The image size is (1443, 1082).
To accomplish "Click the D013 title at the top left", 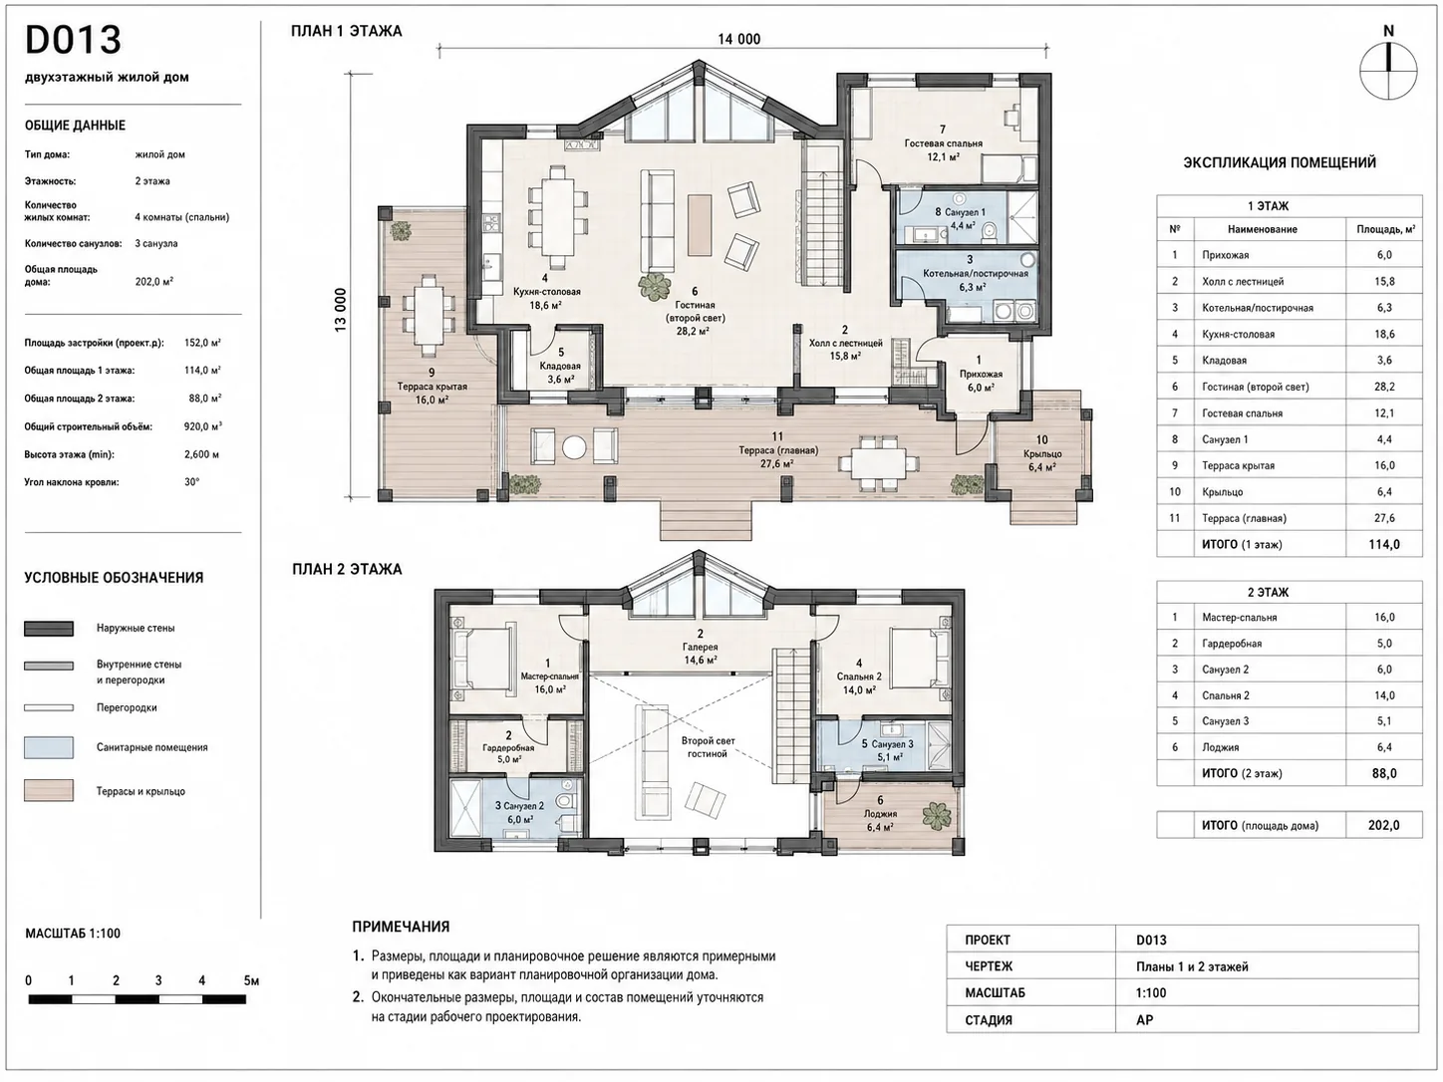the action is coord(73,40).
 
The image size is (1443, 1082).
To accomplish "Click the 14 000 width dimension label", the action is coord(738,40).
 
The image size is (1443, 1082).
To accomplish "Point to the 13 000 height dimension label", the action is coord(341,310).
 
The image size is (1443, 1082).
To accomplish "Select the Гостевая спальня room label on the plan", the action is coord(944,143).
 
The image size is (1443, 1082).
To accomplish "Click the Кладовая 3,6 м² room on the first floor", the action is coord(560,366).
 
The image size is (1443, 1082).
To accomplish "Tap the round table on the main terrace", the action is coord(574,447).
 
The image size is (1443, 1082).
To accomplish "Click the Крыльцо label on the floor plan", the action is coord(1042,454).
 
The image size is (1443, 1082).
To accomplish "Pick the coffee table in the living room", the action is coord(700,225).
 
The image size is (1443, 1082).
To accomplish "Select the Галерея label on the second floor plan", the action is coord(701,647).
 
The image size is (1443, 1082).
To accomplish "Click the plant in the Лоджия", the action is coord(937,816).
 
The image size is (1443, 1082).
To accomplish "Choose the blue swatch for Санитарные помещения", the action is coord(49,747).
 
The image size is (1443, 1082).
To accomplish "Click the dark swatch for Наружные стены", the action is coord(49,629).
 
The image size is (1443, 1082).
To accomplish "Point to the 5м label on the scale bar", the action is coord(251,980).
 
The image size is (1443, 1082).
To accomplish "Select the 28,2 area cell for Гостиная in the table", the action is coord(1384,387).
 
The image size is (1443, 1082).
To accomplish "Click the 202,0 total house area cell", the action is coord(1384,825).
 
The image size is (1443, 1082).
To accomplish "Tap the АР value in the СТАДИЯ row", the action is coord(1145,1020).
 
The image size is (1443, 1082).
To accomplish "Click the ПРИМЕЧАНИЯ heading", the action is coord(401,927).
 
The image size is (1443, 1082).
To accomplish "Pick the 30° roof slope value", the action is coord(192,482).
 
